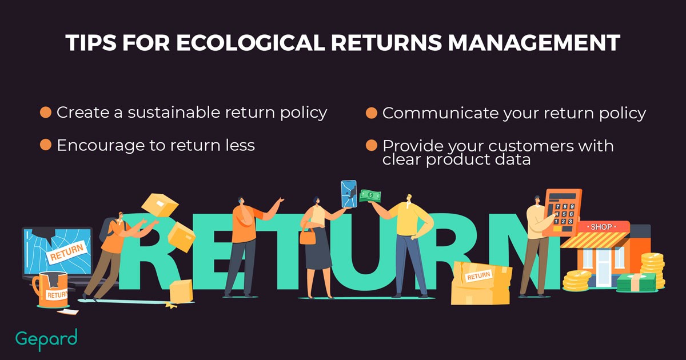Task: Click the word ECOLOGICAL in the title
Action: [x=250, y=42]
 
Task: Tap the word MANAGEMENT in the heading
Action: [x=534, y=42]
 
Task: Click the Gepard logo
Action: [x=46, y=339]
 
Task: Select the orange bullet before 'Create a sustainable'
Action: [x=46, y=113]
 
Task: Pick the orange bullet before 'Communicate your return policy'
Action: [x=372, y=113]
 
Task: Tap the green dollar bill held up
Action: [x=370, y=196]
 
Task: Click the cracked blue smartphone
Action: [x=349, y=194]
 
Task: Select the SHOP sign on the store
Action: [x=601, y=227]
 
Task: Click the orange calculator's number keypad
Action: [x=564, y=214]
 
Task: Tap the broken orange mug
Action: [x=51, y=289]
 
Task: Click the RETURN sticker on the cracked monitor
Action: [x=67, y=252]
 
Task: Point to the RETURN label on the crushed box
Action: [x=478, y=276]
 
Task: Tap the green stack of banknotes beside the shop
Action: [x=636, y=282]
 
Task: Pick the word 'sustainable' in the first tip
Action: [x=174, y=113]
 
